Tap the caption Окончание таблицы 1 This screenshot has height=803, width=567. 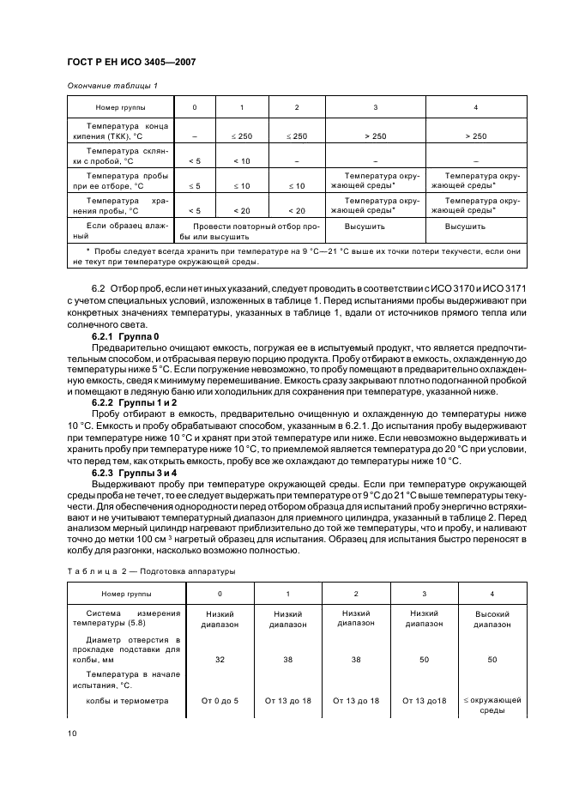[x=112, y=85]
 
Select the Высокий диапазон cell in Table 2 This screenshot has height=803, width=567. [x=492, y=619]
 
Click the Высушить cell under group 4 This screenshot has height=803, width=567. [x=465, y=226]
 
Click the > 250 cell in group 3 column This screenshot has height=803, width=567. [x=375, y=136]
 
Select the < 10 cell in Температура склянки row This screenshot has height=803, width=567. [x=242, y=160]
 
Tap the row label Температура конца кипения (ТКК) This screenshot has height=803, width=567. [x=120, y=130]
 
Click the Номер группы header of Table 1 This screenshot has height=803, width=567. [x=120, y=107]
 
